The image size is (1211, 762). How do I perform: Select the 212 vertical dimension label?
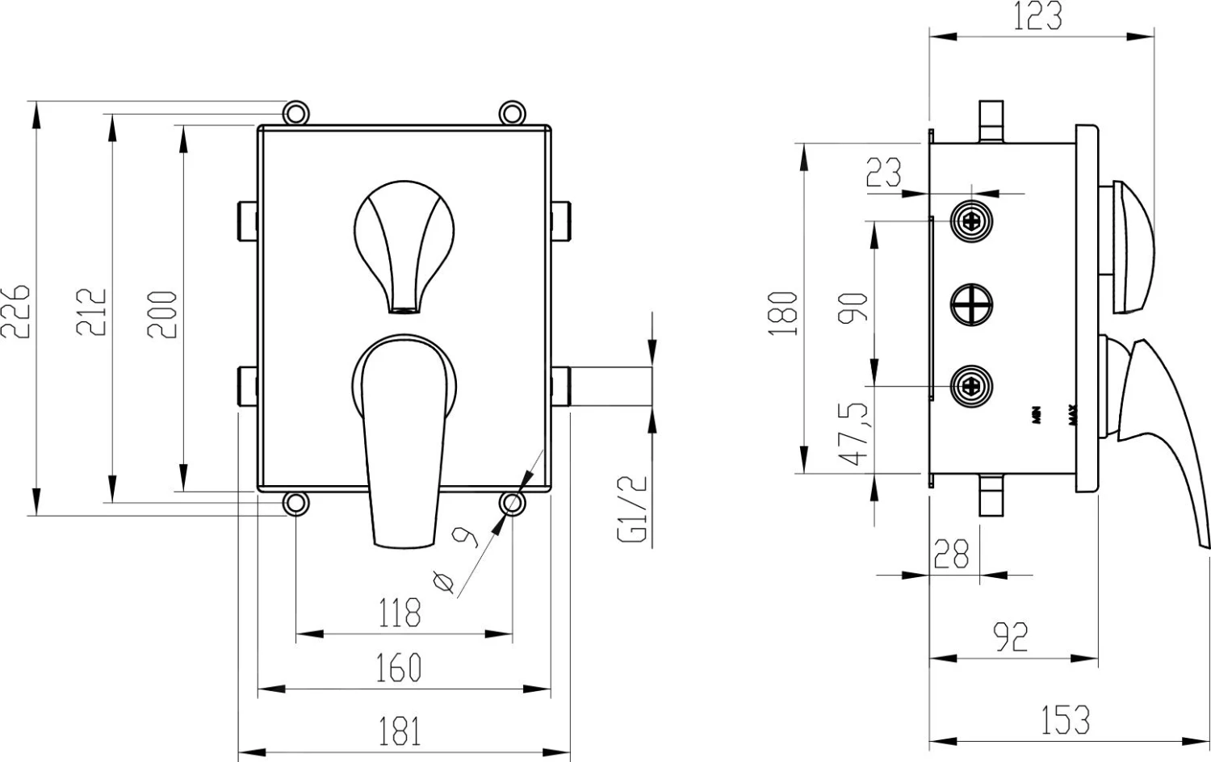pyautogui.click(x=91, y=311)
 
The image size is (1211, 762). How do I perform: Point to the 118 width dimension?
pyautogui.click(x=400, y=612)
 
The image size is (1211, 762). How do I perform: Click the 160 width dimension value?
pyautogui.click(x=400, y=668)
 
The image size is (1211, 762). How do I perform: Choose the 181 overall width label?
pyautogui.click(x=400, y=731)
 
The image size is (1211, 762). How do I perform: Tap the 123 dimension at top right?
pyautogui.click(x=1037, y=16)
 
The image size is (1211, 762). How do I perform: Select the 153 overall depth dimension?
pyautogui.click(x=1066, y=720)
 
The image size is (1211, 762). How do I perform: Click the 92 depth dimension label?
pyautogui.click(x=1011, y=637)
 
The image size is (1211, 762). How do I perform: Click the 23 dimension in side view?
pyautogui.click(x=884, y=172)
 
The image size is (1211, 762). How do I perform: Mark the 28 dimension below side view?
pyautogui.click(x=951, y=554)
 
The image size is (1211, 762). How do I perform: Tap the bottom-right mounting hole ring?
pyautogui.click(x=512, y=505)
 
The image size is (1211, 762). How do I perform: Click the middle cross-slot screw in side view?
pyautogui.click(x=971, y=305)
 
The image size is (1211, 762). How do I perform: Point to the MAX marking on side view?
pyautogui.click(x=1074, y=415)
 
